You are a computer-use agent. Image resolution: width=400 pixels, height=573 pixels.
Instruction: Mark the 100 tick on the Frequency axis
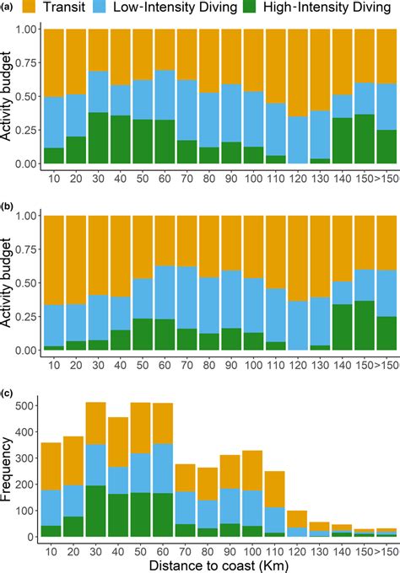point(28,511)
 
